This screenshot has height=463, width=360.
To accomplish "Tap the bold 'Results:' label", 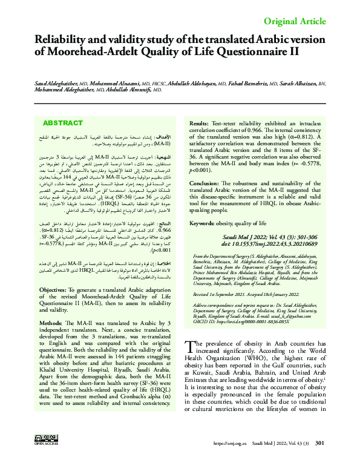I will point(203,123).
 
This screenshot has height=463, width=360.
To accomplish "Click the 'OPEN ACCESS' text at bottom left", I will point(42,450).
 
